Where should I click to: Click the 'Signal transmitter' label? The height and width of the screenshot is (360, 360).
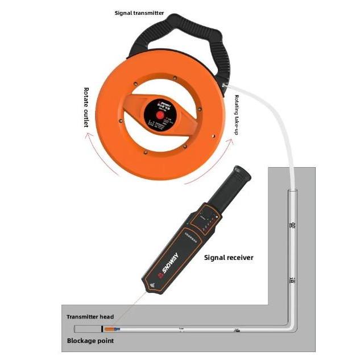click(139, 12)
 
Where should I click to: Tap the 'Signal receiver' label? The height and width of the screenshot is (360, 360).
click(229, 258)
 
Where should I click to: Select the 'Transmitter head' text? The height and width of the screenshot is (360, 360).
click(90, 317)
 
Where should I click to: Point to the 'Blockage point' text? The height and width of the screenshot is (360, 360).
click(90, 341)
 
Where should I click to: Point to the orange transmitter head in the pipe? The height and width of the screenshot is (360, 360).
click(112, 329)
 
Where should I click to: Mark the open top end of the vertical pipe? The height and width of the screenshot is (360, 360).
click(292, 192)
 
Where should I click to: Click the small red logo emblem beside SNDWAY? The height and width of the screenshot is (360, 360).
click(162, 275)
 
